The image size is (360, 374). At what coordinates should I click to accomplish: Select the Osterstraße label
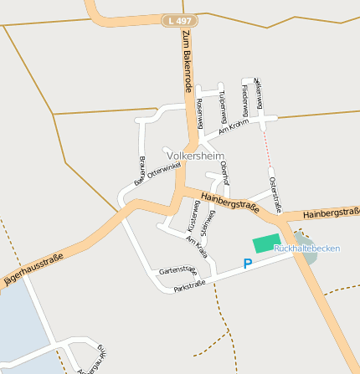pos(275,194)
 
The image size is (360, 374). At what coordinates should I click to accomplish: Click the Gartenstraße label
pos(177,270)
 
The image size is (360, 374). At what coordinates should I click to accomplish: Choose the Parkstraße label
pos(189,286)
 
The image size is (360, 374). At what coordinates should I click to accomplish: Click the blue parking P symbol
pos(247,264)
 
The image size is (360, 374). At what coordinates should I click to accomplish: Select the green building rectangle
pos(265,243)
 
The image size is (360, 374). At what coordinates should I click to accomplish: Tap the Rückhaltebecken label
pos(306,248)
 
